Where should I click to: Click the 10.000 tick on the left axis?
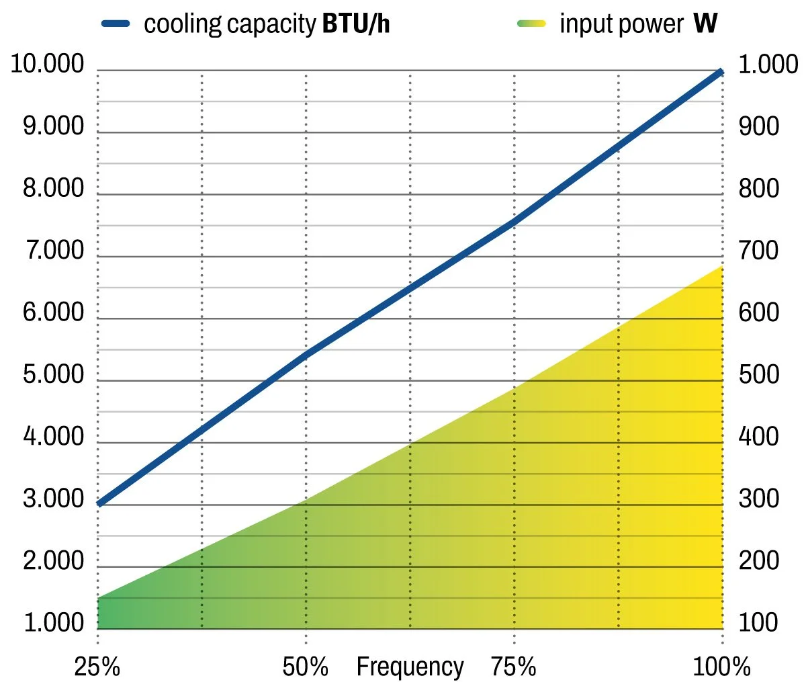click(47, 65)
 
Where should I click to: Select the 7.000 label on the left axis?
click(54, 251)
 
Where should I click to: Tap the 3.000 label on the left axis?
click(54, 499)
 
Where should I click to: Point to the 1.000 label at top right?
click(768, 65)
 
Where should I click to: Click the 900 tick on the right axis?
click(759, 126)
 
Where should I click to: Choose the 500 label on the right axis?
click(759, 374)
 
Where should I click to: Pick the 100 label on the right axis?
click(759, 623)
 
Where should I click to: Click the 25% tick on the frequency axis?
click(97, 667)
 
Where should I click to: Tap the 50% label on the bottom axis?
click(306, 667)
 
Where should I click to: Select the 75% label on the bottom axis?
click(514, 667)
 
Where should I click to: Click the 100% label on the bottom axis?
click(721, 667)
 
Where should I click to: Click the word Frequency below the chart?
click(410, 667)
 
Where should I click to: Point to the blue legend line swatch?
click(116, 24)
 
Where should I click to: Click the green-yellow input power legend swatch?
click(531, 24)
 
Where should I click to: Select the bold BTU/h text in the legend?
click(356, 24)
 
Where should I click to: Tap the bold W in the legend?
click(705, 24)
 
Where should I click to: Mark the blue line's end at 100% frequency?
click(721, 71)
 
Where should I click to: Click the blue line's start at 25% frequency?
click(99, 503)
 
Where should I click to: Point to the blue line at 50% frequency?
click(306, 354)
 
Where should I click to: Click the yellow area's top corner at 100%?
click(721, 266)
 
